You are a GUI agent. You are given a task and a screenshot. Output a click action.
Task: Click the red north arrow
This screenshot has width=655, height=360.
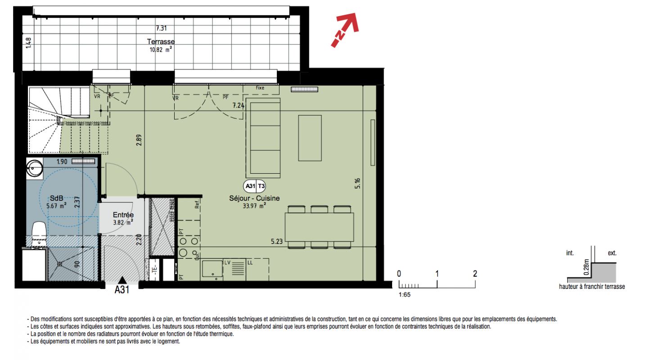tap(345, 30)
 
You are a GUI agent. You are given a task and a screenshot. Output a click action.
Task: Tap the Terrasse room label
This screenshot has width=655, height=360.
tap(161, 41)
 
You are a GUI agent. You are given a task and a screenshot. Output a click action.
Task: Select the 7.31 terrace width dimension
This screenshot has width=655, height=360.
tap(161, 28)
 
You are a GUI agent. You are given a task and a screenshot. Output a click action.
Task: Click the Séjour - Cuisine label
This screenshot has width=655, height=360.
tap(254, 198)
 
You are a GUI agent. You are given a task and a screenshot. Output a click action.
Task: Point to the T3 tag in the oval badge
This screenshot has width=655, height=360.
tap(261, 186)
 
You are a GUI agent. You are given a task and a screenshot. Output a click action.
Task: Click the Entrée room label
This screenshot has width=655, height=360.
tap(123, 215)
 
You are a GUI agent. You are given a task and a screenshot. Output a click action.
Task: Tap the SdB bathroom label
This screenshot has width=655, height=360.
tap(56, 198)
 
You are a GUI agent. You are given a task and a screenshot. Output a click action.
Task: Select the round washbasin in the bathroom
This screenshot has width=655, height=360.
tap(35, 168)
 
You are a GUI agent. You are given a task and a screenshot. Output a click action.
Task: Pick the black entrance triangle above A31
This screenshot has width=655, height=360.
tap(122, 280)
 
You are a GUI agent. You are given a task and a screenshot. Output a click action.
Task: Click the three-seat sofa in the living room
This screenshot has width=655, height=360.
tap(263, 138)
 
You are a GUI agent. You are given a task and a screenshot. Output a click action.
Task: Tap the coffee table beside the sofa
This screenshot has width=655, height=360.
tap(310, 138)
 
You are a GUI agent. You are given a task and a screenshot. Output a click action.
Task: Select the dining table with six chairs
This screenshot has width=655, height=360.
tap(319, 227)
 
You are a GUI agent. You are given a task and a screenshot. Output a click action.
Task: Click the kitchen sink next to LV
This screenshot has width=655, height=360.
tap(212, 269)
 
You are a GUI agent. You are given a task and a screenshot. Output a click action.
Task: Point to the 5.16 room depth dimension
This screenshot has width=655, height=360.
tap(357, 183)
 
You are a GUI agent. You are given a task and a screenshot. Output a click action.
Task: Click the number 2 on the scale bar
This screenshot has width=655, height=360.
tap(475, 274)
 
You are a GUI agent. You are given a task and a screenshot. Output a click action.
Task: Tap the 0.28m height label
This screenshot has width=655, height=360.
tap(586, 267)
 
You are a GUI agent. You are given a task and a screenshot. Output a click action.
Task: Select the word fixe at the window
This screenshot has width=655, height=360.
tap(260, 88)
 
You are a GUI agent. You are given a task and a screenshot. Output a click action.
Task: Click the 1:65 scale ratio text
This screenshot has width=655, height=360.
tap(404, 295)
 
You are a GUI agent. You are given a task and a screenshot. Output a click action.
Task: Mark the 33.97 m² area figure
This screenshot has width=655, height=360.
tap(254, 206)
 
